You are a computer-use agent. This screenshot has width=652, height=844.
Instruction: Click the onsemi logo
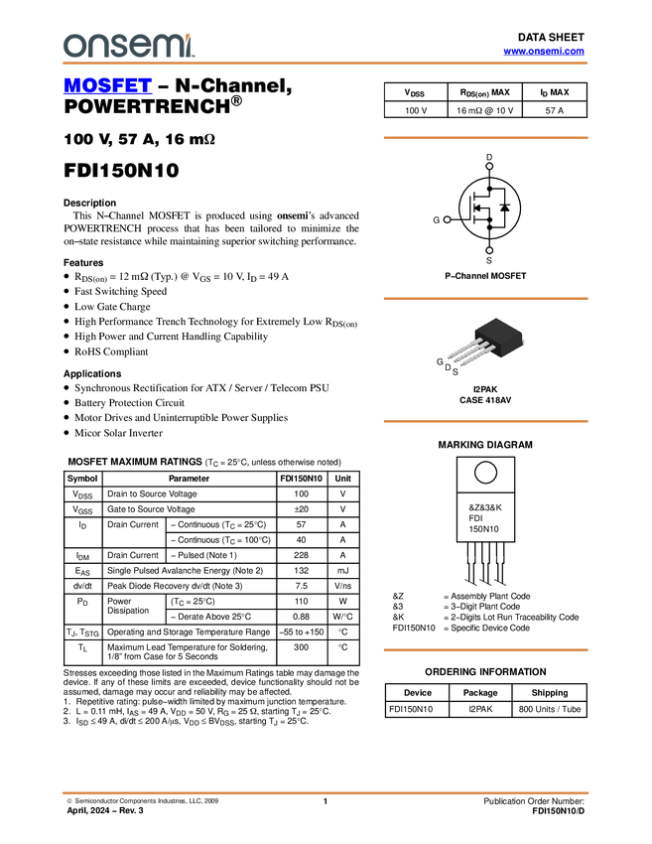[x=127, y=45]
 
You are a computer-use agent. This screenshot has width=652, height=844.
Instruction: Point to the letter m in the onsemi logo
[x=170, y=46]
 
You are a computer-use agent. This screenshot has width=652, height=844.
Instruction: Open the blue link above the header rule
[x=544, y=52]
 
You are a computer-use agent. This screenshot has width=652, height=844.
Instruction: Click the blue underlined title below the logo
[x=107, y=86]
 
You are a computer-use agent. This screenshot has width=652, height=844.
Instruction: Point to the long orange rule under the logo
[x=326, y=64]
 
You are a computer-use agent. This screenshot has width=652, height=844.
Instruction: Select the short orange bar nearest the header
[x=485, y=138]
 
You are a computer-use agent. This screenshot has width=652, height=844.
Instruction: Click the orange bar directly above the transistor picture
[x=485, y=299]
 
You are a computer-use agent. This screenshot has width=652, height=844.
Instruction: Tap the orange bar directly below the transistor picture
[x=485, y=421]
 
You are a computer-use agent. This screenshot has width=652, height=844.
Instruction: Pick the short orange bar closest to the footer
[x=485, y=649]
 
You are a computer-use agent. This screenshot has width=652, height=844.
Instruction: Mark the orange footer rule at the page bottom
[x=326, y=793]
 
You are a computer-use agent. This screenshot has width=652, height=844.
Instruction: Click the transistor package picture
[x=486, y=343]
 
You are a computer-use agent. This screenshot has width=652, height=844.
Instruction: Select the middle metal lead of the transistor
[x=467, y=351]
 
